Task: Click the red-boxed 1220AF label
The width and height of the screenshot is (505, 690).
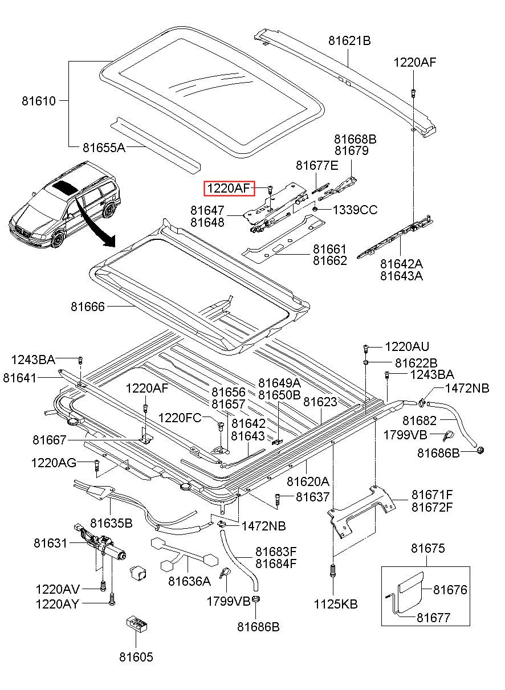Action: (x=229, y=188)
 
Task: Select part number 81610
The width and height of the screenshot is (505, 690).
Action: (x=39, y=101)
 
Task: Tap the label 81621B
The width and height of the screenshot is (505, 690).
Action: (x=349, y=40)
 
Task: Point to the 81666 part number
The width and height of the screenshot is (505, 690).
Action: (x=88, y=307)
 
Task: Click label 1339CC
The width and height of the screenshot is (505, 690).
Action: (x=355, y=210)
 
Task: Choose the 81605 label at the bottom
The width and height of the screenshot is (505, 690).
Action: (x=136, y=657)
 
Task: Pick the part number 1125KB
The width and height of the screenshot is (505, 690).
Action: (x=336, y=605)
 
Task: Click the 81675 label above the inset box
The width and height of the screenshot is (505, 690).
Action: (x=428, y=548)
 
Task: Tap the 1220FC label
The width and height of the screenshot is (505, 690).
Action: (x=180, y=418)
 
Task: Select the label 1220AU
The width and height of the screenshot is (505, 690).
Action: (x=407, y=347)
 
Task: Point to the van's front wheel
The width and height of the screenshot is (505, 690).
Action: (x=58, y=240)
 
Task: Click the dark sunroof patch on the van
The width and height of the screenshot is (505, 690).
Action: (x=64, y=187)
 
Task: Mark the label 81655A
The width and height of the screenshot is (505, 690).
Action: (x=104, y=148)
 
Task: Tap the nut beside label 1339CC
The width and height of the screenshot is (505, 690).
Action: (x=315, y=210)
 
